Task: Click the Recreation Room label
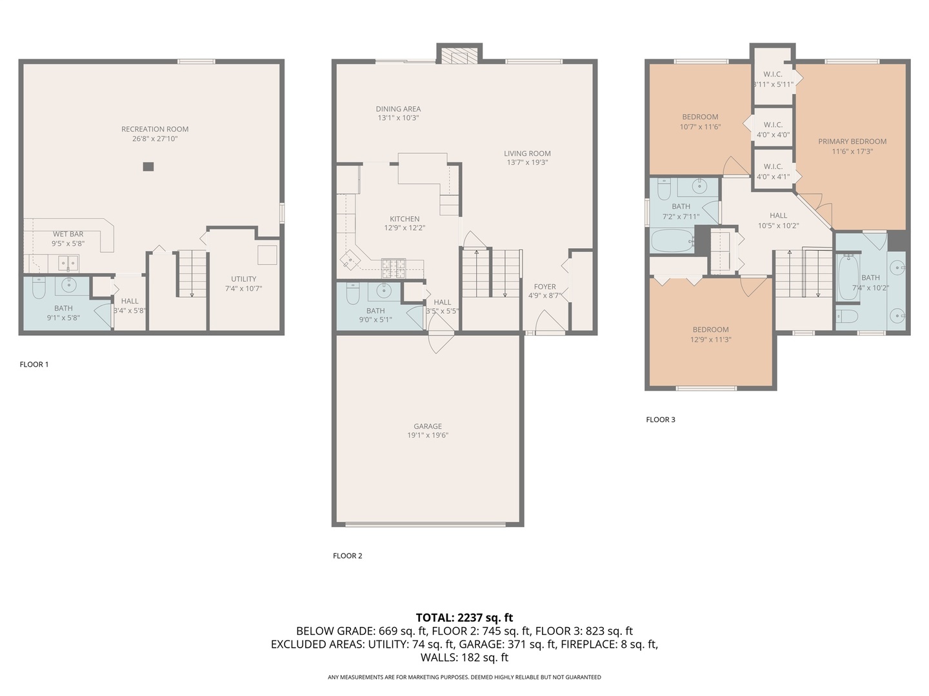155,129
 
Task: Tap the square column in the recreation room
148,166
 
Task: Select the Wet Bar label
68,234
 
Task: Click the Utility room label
244,279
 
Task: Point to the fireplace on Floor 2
459,56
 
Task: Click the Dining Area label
398,109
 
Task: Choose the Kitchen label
405,219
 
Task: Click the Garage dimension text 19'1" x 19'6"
428,435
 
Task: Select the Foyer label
544,287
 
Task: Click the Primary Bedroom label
852,141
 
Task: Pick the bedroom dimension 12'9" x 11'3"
711,340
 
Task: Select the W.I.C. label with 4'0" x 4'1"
773,166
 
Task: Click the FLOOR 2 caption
348,556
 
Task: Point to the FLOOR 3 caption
661,420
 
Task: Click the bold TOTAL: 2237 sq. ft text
464,617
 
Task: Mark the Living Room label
527,153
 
